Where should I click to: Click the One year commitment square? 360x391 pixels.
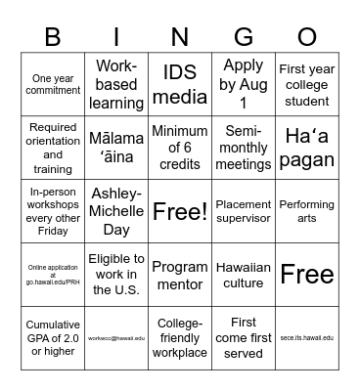point(55,84)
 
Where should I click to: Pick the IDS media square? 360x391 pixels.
point(181,84)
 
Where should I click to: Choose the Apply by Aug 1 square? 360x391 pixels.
point(244,84)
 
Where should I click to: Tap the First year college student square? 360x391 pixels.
point(306,84)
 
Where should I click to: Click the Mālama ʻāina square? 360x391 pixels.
point(117,148)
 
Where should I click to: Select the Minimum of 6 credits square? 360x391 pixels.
point(181,148)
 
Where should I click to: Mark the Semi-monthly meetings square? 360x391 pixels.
point(244,148)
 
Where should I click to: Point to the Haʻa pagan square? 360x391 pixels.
point(306,148)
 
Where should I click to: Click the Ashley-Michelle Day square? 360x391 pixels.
point(117,210)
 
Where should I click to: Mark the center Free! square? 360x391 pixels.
point(181,210)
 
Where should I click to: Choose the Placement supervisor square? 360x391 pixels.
point(244,210)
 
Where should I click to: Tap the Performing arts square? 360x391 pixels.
point(306,210)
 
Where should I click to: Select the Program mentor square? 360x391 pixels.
point(181,274)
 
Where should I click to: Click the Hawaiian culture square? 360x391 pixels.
point(244,274)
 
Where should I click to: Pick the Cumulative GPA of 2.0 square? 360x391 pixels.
point(55,337)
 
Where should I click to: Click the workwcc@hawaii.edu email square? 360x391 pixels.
point(117,337)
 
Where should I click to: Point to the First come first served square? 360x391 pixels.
point(244,337)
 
